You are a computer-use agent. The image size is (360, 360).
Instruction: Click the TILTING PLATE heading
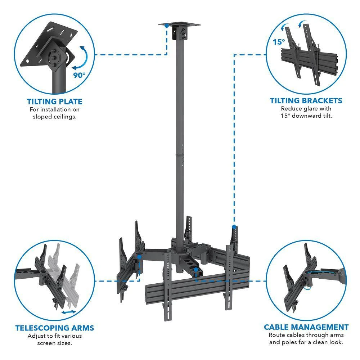point(54,102)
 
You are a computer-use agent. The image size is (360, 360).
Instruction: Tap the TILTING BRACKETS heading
point(306,101)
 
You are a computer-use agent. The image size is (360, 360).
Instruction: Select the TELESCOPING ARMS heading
point(54,328)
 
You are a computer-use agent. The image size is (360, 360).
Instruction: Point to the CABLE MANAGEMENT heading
point(306,327)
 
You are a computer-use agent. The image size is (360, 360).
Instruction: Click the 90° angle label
point(80,75)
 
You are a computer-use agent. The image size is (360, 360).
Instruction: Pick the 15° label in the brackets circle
point(278,42)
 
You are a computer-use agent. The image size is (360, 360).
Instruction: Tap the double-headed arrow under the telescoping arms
point(69,312)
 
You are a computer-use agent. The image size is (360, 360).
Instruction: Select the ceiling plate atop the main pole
point(180,25)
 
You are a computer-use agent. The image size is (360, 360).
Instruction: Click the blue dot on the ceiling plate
point(167,26)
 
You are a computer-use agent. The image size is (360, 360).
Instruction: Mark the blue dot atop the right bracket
point(234,227)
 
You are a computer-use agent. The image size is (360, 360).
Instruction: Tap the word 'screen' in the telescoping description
point(46,343)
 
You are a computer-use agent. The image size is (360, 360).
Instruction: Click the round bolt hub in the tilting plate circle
point(55,58)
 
